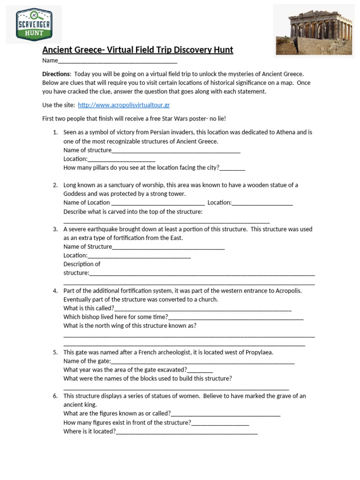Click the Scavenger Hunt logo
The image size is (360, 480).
(x=34, y=24)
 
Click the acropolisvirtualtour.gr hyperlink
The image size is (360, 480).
(x=124, y=105)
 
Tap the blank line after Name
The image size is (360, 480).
(x=117, y=61)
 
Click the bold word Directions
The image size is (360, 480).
(x=56, y=74)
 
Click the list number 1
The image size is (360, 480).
(x=55, y=133)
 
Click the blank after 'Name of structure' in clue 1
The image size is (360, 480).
(x=176, y=150)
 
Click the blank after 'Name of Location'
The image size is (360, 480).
(x=158, y=203)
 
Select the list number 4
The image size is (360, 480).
(x=55, y=291)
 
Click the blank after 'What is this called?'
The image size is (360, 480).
(x=202, y=308)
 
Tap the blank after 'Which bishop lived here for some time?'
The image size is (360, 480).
(x=235, y=317)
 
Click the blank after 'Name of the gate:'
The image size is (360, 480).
(x=202, y=361)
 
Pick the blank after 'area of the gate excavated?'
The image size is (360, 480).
(x=200, y=370)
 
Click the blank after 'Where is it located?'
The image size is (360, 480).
(x=187, y=432)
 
